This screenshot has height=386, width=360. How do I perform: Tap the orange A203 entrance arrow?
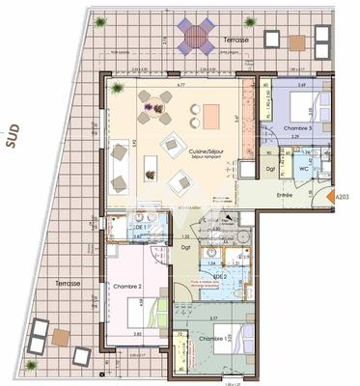click(x=341, y=199)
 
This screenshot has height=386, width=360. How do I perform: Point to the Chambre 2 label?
click(x=128, y=288)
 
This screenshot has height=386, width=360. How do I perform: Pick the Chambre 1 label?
click(x=214, y=339)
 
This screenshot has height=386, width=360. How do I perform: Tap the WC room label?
click(x=303, y=169)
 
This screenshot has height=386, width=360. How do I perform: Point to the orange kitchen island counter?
click(x=210, y=115)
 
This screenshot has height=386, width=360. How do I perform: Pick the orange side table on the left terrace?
click(x=60, y=336)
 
